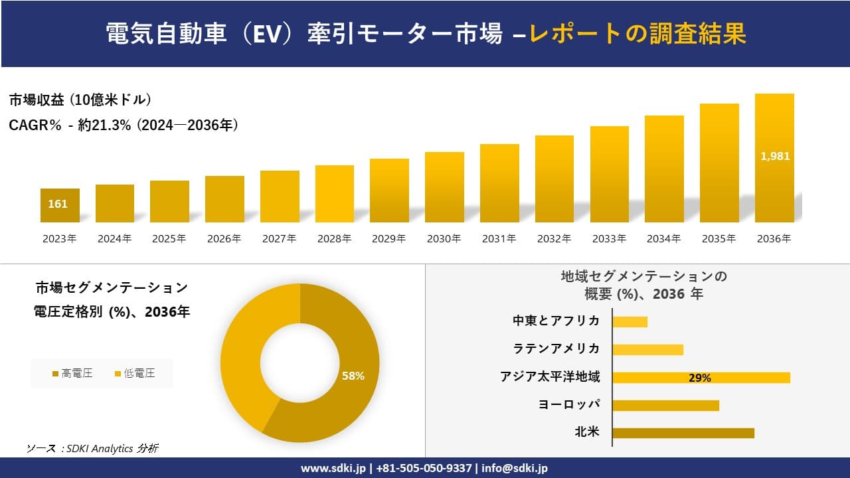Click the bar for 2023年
click(60, 205)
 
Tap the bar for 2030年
click(444, 187)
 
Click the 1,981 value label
click(774, 157)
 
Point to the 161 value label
click(58, 204)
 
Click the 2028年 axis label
click(334, 239)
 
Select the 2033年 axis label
click(609, 239)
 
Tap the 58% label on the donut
click(353, 376)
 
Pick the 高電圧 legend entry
click(73, 374)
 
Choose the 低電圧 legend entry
click(135, 374)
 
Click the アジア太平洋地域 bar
click(701, 378)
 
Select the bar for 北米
click(683, 433)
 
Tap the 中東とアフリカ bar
click(630, 321)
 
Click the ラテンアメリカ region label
click(556, 349)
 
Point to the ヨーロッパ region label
click(569, 404)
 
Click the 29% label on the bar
click(699, 378)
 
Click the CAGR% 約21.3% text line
click(124, 125)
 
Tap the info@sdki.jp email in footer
click(515, 468)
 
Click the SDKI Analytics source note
click(92, 449)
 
